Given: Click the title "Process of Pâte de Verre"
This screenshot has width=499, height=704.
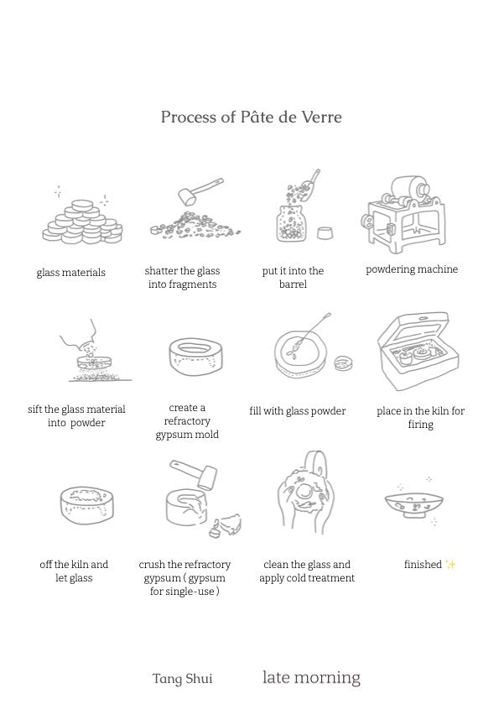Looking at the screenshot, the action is point(252,117).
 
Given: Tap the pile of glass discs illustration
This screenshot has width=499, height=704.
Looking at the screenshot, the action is point(82,222).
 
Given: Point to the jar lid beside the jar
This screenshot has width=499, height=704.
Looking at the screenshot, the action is point(325,233).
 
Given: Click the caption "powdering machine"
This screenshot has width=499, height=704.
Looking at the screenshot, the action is point(412,269).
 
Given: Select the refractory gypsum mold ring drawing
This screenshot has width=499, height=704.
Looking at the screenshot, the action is point(196,357).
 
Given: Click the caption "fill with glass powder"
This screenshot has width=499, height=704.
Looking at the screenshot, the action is point(298,411).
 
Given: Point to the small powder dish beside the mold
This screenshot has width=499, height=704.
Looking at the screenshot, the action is point(344,363).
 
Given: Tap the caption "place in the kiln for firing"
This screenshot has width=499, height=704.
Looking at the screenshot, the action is point(420,418).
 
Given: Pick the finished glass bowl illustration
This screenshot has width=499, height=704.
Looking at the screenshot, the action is point(413,505).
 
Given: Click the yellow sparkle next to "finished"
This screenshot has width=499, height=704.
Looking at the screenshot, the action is point(450,564).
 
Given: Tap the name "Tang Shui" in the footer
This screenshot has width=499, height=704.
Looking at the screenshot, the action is point(182,679).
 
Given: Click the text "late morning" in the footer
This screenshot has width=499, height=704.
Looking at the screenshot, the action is point(311,677).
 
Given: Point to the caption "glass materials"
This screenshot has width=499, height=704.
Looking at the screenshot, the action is point(71,273).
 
